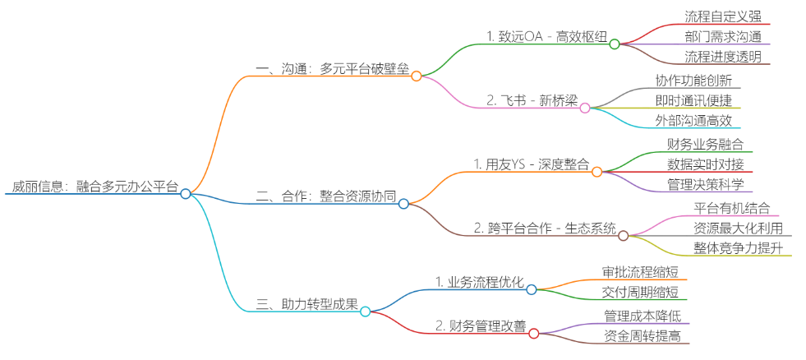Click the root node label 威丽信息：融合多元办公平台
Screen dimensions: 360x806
(94, 187)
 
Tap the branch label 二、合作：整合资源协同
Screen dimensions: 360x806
(326, 197)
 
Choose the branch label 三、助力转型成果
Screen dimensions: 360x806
(307, 304)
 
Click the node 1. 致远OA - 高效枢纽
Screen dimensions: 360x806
(546, 37)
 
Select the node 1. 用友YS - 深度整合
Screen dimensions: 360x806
(532, 164)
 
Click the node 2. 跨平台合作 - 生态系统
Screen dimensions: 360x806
(545, 228)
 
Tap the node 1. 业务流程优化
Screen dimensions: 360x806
(480, 282)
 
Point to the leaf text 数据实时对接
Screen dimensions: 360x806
(706, 164)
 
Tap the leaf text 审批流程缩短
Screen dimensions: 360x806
(641, 271)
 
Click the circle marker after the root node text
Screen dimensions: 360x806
(186, 194)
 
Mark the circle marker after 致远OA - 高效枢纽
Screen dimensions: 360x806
(615, 44)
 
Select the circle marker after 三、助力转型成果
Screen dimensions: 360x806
(366, 312)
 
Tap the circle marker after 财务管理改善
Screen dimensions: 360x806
(533, 333)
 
